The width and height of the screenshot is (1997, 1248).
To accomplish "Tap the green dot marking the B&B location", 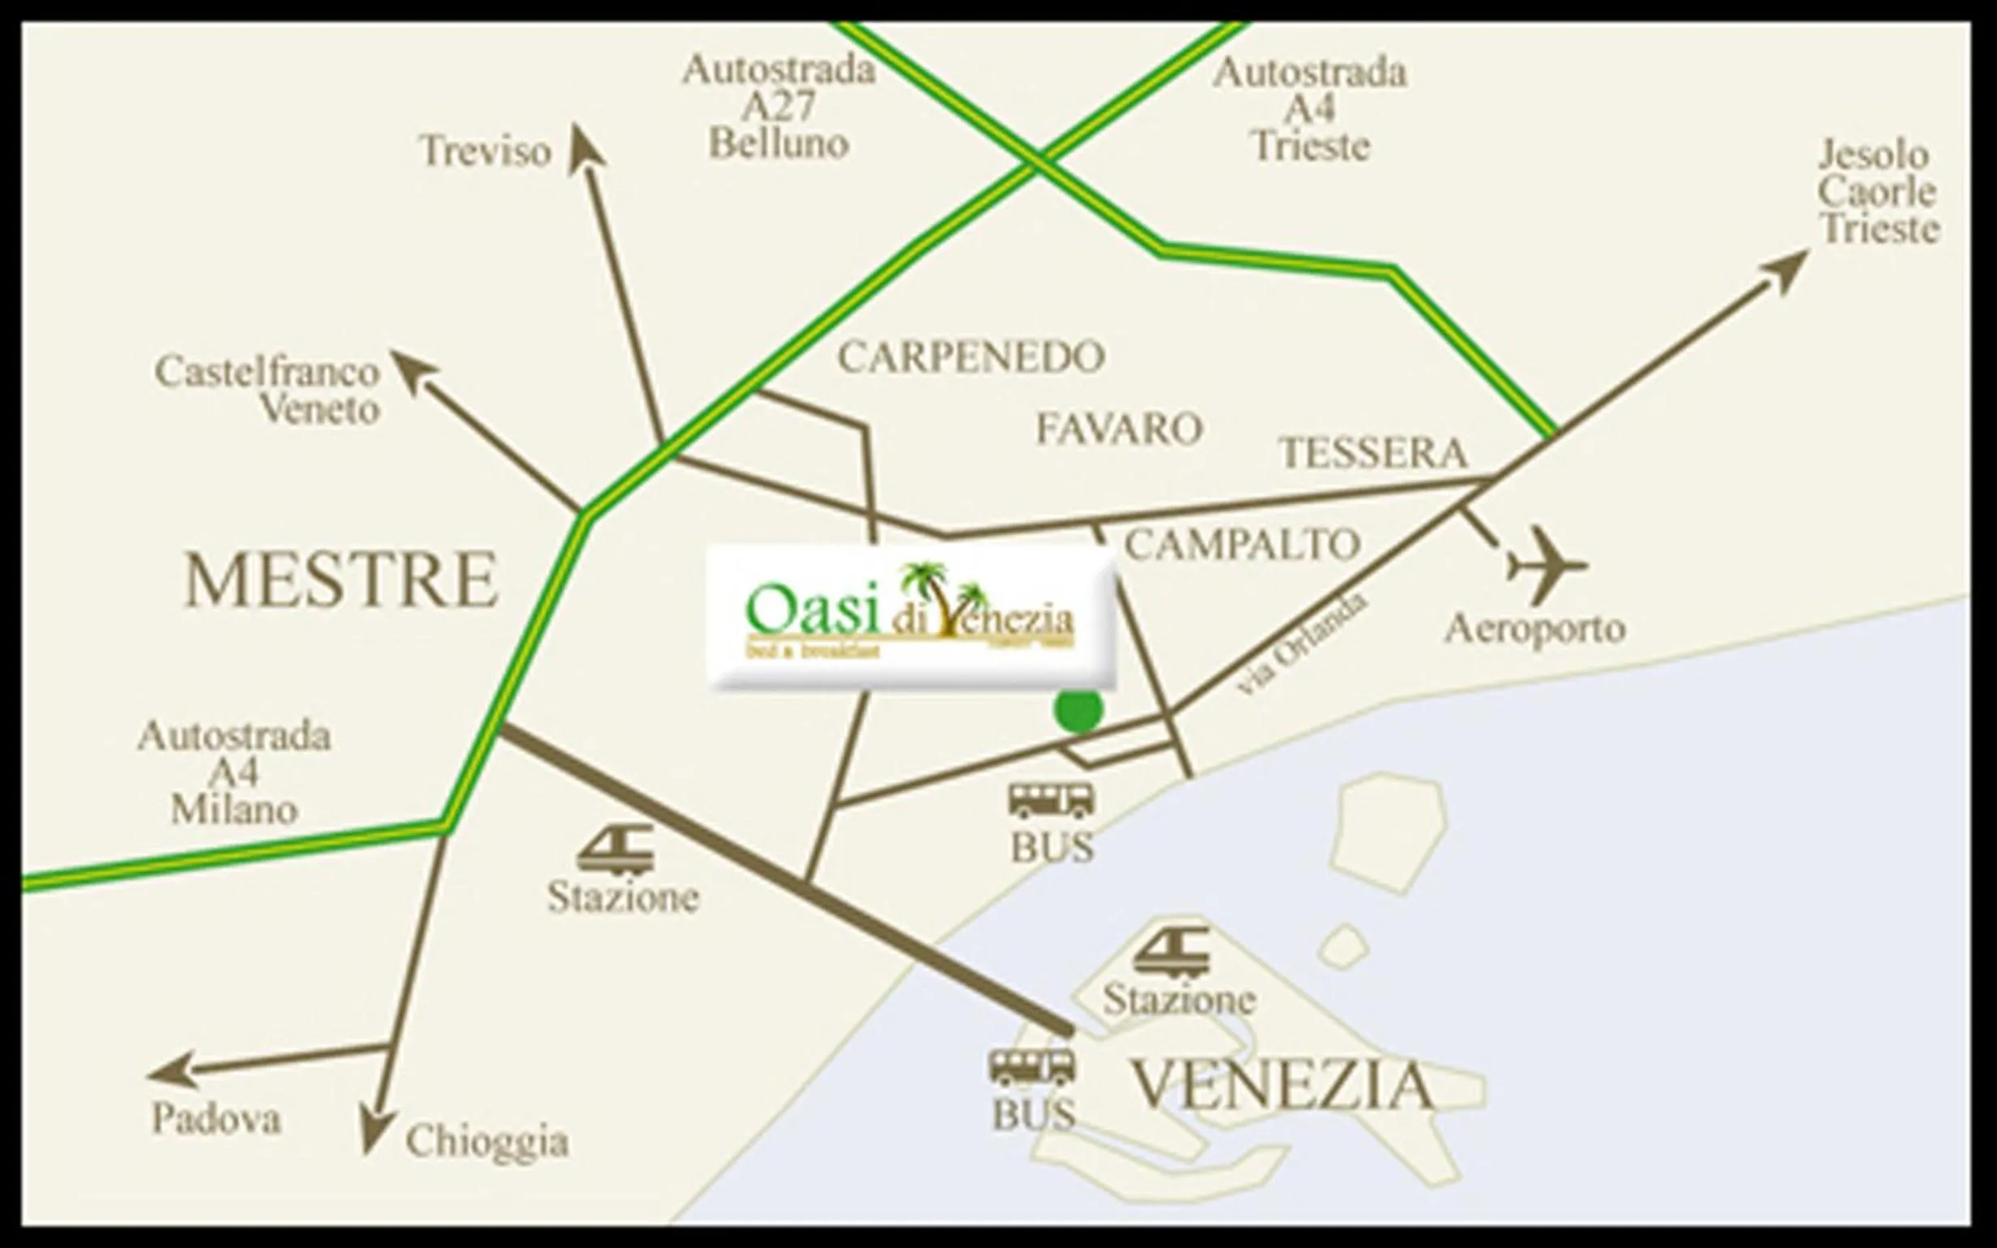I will [x=1078, y=710].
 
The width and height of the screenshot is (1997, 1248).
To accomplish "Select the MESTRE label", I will [x=341, y=580].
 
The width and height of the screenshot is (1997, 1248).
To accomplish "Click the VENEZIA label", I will [x=1281, y=1085].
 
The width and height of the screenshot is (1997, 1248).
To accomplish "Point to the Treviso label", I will [x=485, y=151].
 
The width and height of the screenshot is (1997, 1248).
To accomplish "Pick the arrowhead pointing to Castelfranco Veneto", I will [x=406, y=365].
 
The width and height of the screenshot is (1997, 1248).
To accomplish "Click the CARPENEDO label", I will [x=971, y=357].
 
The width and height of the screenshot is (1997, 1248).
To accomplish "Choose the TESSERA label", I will [x=1373, y=453].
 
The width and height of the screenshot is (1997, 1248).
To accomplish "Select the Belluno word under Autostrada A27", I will [x=779, y=144].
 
